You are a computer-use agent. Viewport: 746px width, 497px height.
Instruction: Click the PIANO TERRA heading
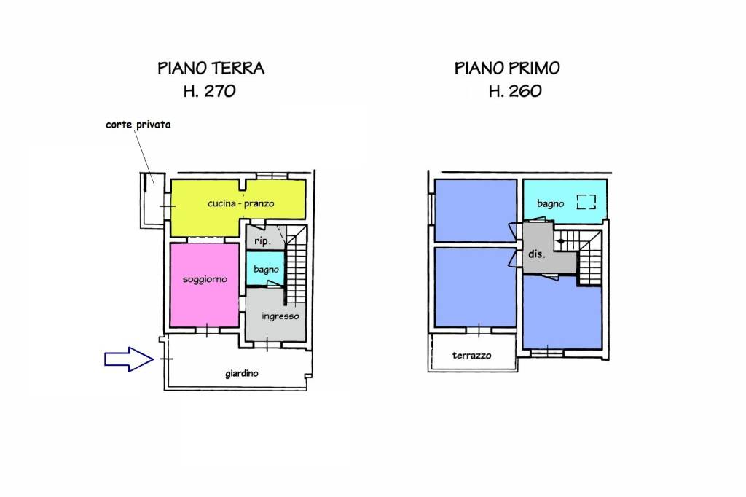(211, 69)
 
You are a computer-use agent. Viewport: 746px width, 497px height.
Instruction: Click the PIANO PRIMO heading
(507, 69)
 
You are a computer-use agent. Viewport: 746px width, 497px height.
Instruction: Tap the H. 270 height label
(210, 91)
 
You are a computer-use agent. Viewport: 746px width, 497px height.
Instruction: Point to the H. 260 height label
(515, 91)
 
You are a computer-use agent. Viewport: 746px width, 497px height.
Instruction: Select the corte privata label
(138, 125)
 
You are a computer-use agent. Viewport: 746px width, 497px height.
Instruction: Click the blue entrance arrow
(129, 359)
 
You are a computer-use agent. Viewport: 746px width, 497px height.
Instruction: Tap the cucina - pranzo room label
(240, 204)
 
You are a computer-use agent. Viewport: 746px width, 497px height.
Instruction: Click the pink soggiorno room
(205, 285)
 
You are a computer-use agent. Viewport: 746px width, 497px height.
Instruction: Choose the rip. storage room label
(262, 241)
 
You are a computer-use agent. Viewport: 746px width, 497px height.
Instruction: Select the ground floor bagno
(265, 268)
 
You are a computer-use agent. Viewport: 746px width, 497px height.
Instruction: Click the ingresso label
(280, 316)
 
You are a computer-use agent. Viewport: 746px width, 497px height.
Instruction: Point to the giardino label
(242, 374)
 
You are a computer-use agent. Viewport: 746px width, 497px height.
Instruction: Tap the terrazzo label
(471, 356)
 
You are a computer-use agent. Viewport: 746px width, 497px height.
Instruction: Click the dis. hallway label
(537, 254)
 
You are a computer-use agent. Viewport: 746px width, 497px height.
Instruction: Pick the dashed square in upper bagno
(586, 202)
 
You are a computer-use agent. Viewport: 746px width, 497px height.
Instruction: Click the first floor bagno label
(551, 204)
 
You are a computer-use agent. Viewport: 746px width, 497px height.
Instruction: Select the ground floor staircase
(296, 265)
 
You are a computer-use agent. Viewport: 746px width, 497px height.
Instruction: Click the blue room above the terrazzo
(475, 287)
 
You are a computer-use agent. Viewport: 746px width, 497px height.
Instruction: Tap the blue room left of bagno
(475, 210)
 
